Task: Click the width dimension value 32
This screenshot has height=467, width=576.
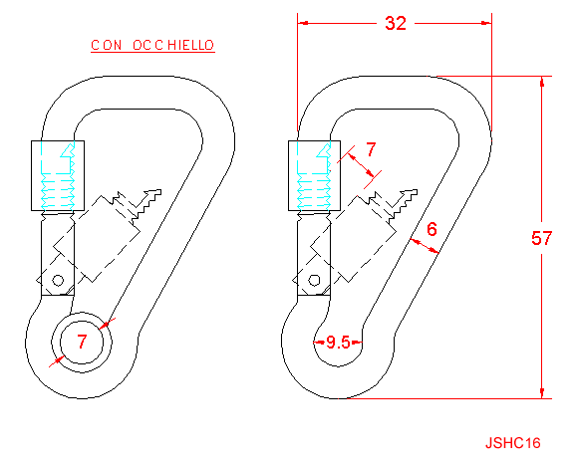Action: (x=396, y=23)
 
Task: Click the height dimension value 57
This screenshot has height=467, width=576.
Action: (x=541, y=238)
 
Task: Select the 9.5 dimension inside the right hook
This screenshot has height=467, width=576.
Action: (x=338, y=343)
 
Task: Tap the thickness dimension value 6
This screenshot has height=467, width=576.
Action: (x=432, y=229)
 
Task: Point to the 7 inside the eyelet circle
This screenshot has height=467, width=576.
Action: (x=82, y=342)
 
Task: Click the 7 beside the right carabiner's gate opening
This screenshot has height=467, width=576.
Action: (x=371, y=149)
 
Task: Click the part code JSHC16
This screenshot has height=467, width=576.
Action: (x=513, y=443)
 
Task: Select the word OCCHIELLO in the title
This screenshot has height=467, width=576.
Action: (x=173, y=45)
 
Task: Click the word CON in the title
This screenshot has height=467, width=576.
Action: (x=107, y=45)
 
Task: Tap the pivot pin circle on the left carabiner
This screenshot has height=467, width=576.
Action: (x=58, y=281)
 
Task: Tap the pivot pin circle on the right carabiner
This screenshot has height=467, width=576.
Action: (x=314, y=281)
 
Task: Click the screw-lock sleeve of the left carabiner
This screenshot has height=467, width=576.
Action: (x=58, y=175)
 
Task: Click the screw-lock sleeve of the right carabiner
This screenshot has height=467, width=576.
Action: (x=315, y=175)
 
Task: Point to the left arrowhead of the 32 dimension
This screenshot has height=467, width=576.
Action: (x=302, y=23)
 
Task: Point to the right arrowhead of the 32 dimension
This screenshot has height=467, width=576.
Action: (x=486, y=23)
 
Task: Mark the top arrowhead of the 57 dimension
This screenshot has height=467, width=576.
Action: (x=542, y=82)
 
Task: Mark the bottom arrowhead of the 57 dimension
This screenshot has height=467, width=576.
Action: (x=542, y=393)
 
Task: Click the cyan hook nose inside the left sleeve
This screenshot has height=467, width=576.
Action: (x=67, y=151)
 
